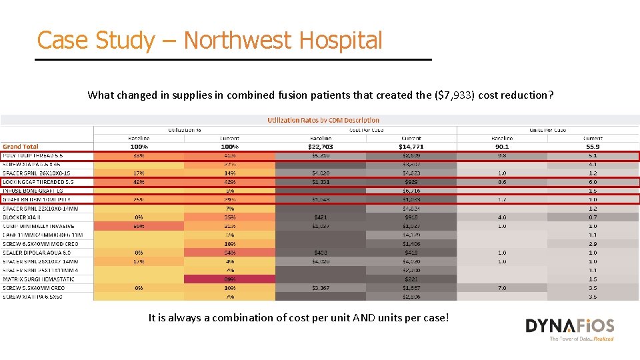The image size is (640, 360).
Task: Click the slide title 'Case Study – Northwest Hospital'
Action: coord(210,41)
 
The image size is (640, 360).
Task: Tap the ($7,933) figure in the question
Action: coord(461,95)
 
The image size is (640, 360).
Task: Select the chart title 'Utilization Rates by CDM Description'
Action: coord(323,120)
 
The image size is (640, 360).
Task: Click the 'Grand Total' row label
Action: coord(21,147)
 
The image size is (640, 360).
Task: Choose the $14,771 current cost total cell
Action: coord(411,147)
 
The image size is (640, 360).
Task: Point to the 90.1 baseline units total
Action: coord(502,147)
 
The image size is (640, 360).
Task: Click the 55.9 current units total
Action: coord(593,147)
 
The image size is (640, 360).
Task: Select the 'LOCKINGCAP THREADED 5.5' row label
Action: coord(38,181)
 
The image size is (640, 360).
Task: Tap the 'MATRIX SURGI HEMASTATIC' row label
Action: coord(39,279)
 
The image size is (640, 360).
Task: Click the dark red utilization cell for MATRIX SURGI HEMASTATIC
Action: coord(229,279)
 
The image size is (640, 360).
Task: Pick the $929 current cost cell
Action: coord(411,181)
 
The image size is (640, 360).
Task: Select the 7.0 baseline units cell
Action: coord(502,288)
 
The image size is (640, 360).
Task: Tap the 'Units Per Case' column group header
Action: coord(547,129)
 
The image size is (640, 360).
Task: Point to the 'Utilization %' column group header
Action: coord(184,129)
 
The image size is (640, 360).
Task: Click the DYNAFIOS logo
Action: coord(569,327)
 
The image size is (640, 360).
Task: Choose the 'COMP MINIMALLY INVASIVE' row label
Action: coord(39,226)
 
